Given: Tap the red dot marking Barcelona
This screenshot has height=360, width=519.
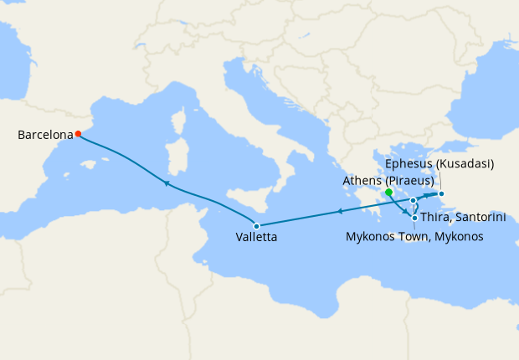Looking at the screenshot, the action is click(78, 133).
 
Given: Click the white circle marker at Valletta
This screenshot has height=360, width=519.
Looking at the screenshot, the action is click(257, 226).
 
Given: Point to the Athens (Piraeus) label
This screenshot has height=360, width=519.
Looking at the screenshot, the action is click(388, 180).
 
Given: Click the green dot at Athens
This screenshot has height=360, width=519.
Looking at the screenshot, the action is click(389, 193).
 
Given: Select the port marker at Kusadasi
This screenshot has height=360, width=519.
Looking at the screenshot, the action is click(442, 195).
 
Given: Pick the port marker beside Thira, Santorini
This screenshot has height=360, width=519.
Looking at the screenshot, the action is click(415, 218).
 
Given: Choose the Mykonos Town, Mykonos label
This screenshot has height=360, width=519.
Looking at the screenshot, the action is click(414, 238).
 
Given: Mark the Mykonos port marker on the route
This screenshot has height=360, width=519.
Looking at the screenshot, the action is click(414, 201).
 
